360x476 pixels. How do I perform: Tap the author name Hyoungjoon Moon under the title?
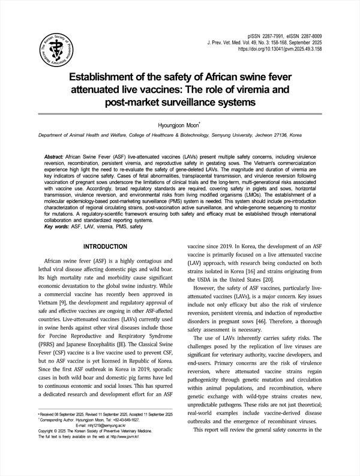[x=179, y=125]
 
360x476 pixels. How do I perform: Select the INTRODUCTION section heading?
[x=105, y=247]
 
